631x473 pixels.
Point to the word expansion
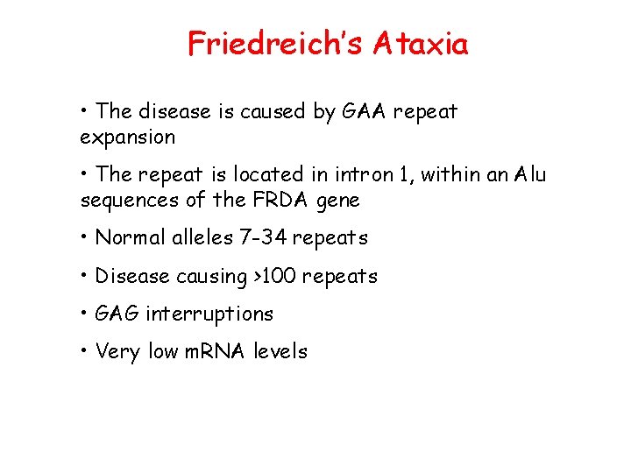coord(127,138)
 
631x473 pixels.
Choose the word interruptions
coord(209,314)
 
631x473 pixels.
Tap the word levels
coord(280,352)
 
